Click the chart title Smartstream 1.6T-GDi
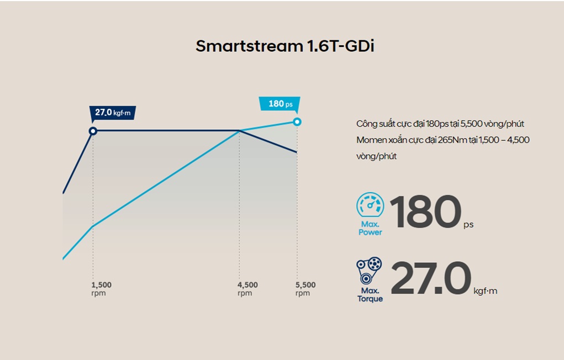(x=284, y=46)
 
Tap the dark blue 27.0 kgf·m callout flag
(x=113, y=113)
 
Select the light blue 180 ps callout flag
(x=280, y=104)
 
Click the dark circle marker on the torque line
(x=93, y=131)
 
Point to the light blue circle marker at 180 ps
(x=297, y=121)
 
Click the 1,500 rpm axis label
(x=101, y=289)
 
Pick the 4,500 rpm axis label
(x=247, y=289)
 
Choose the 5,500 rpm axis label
(x=305, y=289)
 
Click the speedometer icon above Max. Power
(x=370, y=205)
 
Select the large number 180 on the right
(x=425, y=213)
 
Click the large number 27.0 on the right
(x=431, y=279)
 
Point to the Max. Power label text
(x=370, y=229)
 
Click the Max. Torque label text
(x=370, y=295)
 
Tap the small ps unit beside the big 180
(x=468, y=225)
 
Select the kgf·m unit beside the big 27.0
(x=486, y=291)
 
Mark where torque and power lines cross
(x=239, y=131)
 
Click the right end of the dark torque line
(x=297, y=152)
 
